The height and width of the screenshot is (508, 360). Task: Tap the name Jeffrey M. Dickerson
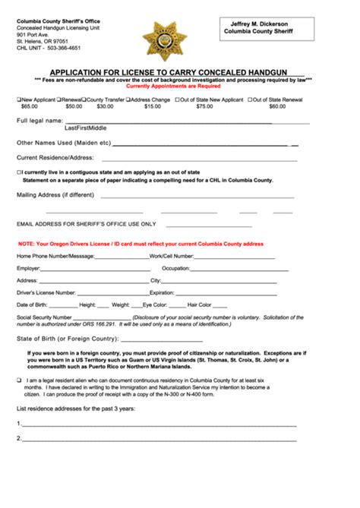pos(266,24)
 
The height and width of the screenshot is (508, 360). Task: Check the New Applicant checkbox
pos(19,99)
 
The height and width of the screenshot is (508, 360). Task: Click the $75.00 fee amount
pos(204,107)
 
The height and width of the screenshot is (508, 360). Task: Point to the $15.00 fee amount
pos(153,107)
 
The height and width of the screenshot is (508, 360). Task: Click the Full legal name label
pos(39,121)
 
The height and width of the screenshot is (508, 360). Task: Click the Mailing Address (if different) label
pos(55,194)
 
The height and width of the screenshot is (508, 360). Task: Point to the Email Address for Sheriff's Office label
pos(86,224)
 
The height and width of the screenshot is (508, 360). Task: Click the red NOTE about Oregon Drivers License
pos(141,244)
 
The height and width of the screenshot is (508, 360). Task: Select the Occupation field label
pos(175,268)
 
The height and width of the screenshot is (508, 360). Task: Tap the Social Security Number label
pos(44,317)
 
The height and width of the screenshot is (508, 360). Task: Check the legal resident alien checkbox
pos(19,380)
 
